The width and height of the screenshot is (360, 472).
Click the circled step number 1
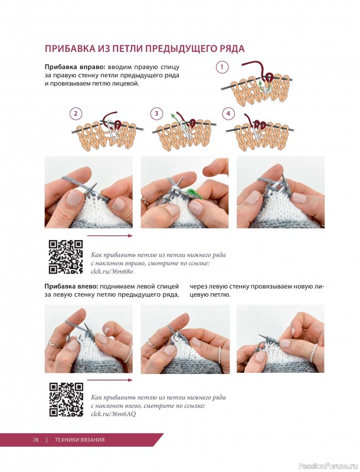222,67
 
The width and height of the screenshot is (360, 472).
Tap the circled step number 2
76,113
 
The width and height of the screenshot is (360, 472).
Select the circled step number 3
156,113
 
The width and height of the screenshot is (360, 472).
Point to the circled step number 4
228,113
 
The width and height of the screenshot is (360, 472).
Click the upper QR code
66,257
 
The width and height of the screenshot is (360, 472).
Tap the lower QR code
66,399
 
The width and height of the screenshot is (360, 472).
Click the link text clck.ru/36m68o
112,271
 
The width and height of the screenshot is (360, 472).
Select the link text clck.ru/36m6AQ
113,414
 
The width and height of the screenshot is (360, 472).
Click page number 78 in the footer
35,440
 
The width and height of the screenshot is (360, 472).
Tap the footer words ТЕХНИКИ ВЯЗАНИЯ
80,440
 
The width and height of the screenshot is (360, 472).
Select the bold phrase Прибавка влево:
71,286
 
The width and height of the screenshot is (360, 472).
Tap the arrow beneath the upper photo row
110,235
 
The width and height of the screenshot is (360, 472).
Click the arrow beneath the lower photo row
110,380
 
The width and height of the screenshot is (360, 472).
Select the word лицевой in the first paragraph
130,84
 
